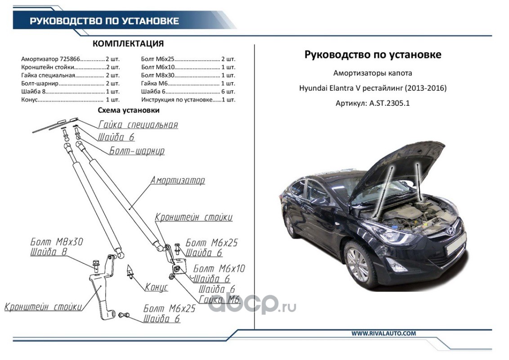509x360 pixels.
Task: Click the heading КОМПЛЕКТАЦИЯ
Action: [128, 44]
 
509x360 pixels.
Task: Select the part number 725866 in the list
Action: [70, 59]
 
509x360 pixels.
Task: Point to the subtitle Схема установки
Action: [129, 110]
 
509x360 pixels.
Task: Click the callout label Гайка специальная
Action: [138, 125]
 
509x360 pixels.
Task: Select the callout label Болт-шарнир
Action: [137, 151]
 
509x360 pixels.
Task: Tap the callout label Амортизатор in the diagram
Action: [178, 181]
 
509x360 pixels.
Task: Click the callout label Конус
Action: [156, 287]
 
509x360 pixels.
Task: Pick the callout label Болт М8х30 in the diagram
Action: [57, 242]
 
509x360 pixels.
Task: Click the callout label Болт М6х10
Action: [219, 269]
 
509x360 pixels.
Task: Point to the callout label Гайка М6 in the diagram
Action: [219, 300]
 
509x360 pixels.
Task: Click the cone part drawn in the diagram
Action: [131, 270]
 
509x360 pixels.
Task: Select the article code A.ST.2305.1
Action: [389, 103]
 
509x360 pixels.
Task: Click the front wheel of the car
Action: [358, 264]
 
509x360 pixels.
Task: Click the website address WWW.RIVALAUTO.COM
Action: [384, 333]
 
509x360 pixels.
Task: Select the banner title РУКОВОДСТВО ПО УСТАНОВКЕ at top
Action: [104, 21]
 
